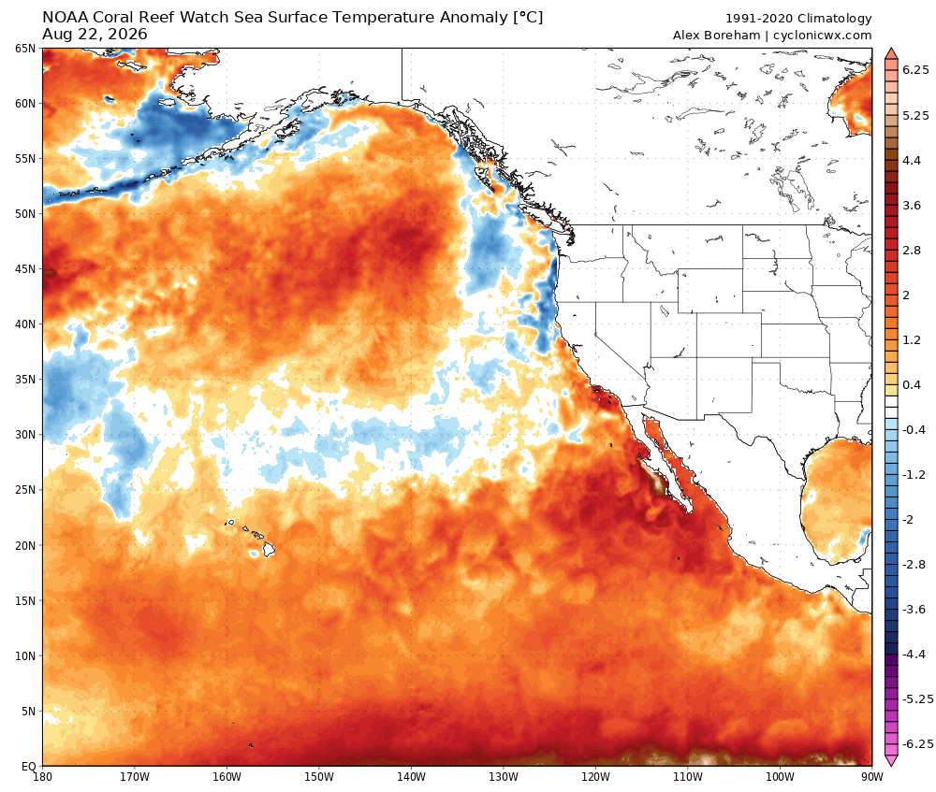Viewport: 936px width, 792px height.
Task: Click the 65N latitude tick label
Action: [x=25, y=49]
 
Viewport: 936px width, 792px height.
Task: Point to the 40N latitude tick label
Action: [x=25, y=324]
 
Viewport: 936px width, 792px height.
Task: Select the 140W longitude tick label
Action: [x=411, y=777]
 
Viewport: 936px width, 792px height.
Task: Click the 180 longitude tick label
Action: [x=42, y=777]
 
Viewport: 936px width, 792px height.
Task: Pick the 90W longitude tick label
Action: [x=872, y=777]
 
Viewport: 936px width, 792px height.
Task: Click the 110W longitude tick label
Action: [x=688, y=777]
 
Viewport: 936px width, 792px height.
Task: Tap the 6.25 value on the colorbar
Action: [x=915, y=70]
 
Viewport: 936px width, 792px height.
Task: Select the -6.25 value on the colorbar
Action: [x=917, y=743]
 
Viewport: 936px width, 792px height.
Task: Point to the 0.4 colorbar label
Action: [x=912, y=384]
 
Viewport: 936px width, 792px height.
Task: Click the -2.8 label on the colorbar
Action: [x=914, y=564]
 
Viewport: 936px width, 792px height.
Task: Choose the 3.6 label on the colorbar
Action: [x=912, y=205]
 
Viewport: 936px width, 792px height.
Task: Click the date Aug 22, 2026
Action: [x=95, y=35]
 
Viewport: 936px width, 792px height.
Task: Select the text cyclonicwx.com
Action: [x=822, y=36]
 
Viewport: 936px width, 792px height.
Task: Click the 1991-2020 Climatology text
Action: [x=798, y=19]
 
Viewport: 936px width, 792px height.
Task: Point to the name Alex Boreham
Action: [x=716, y=36]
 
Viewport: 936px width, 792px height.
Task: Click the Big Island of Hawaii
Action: [x=269, y=549]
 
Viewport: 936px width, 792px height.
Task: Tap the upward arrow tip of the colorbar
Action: [x=891, y=49]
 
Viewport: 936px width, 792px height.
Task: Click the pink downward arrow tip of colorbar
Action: [x=891, y=765]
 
